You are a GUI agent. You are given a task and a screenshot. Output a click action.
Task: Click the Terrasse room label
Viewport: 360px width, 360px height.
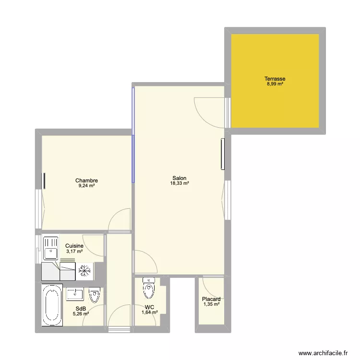point(275,79)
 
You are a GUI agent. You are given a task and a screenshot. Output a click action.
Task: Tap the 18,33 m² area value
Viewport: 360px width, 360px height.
point(180,183)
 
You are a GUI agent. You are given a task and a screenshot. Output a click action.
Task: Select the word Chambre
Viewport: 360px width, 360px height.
point(86,180)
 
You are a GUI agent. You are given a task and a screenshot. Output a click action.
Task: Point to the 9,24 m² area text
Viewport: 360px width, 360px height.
point(86,186)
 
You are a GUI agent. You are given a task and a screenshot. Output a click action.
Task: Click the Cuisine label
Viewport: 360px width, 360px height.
point(74,246)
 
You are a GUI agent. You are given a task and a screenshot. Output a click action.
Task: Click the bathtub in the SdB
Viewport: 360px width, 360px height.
point(52,305)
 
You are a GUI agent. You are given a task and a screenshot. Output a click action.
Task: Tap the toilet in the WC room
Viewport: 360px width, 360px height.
point(149,288)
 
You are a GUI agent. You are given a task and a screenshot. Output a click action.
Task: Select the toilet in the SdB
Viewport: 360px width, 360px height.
point(94,295)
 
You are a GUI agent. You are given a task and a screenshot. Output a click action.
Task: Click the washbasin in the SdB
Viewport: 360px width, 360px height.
point(75,294)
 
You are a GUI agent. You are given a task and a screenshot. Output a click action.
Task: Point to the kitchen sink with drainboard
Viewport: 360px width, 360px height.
point(51,249)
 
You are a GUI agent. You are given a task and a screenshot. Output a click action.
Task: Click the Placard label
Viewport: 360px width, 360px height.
point(211,299)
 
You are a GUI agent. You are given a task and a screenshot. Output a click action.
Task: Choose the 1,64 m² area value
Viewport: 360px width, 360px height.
point(150,312)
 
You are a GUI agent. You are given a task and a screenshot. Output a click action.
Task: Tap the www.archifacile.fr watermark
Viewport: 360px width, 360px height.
point(323,353)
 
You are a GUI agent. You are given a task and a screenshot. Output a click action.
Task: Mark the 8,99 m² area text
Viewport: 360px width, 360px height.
point(275,84)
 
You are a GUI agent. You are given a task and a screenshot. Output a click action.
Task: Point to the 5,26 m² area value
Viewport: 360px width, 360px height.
point(81,313)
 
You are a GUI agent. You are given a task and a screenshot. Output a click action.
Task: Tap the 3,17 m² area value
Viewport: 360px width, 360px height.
point(74,252)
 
